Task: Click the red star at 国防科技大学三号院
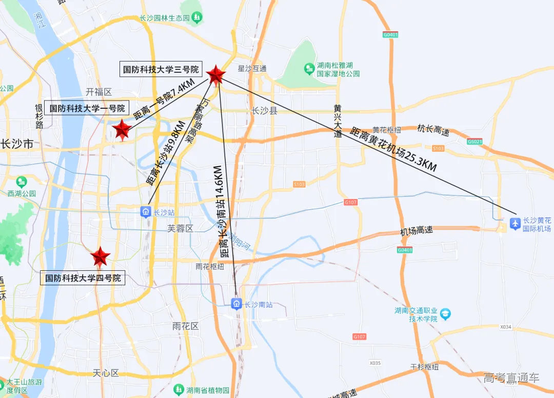216,75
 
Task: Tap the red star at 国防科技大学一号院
122,130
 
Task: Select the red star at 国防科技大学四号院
100,256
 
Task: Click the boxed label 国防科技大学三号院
161,69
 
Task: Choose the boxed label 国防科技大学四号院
83,278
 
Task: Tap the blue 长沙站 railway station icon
146,212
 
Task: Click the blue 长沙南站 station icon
236,304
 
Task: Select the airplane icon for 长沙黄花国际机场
515,224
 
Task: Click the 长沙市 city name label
17,144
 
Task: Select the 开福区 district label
98,92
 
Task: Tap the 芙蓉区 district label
180,228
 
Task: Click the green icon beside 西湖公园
22,182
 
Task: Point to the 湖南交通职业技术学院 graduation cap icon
445,314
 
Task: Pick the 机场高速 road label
417,231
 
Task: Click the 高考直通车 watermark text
511,378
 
